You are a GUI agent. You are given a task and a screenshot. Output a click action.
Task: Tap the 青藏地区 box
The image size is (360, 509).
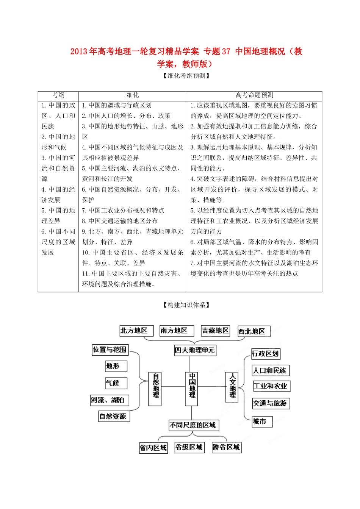(215, 331)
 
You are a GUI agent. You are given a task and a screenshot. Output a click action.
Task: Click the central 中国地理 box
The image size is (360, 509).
(192, 389)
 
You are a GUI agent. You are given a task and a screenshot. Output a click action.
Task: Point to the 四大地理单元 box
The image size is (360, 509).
(194, 350)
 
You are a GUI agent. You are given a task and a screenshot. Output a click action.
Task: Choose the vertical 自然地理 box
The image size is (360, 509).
(155, 389)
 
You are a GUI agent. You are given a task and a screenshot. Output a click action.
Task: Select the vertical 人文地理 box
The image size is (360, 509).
(232, 386)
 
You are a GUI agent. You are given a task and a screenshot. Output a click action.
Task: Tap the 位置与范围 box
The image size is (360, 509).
(110, 350)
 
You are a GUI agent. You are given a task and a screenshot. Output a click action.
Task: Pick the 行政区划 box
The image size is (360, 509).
(265, 354)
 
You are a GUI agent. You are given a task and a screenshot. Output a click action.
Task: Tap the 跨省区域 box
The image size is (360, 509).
(226, 448)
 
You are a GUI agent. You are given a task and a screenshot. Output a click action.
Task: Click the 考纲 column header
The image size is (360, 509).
(58, 95)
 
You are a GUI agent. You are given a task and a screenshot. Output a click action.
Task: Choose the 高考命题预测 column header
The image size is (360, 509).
(254, 95)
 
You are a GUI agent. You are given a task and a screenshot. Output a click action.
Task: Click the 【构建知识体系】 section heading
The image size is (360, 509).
(186, 305)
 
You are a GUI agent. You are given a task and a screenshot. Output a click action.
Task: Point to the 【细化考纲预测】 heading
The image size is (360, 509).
(186, 75)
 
